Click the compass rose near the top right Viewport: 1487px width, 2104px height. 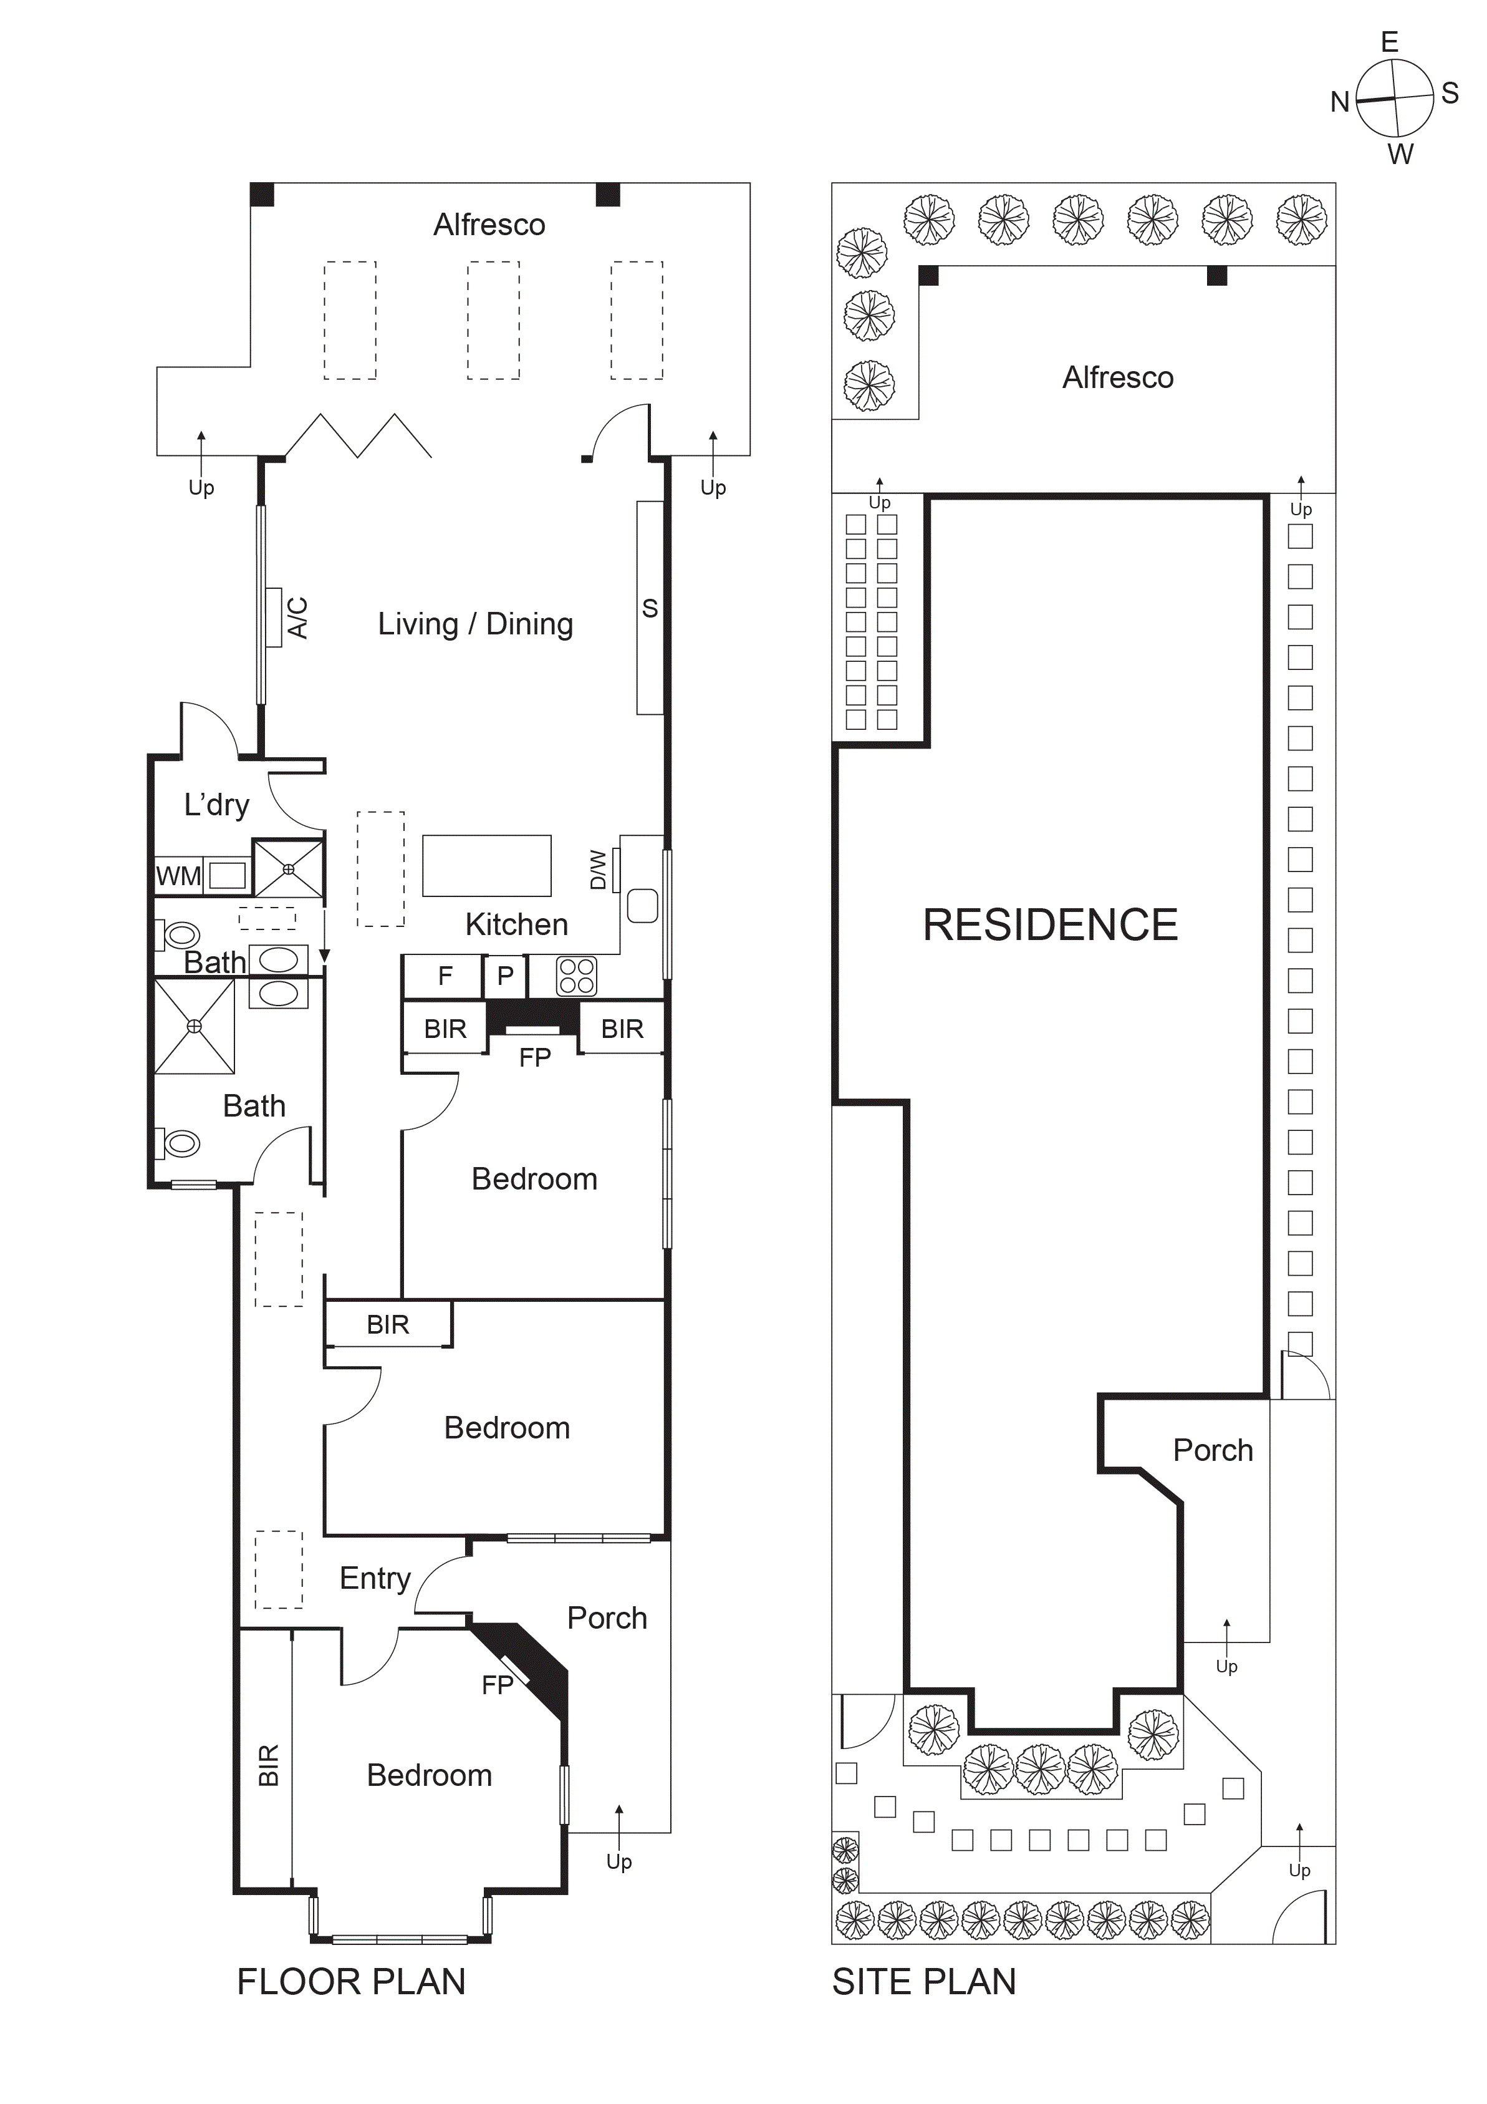(1393, 98)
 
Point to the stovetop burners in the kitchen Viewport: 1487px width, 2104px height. (576, 976)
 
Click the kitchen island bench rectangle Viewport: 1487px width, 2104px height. (486, 865)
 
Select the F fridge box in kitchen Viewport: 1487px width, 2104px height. (445, 976)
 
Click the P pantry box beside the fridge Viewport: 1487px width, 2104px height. (505, 976)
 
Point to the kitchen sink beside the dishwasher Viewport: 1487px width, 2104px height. (642, 906)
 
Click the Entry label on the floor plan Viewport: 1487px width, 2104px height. (375, 1578)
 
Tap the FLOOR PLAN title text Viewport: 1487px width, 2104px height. (351, 1982)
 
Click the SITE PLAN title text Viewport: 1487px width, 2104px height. (923, 1982)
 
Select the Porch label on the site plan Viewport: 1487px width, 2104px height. (1212, 1450)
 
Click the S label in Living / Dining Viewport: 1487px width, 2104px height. (650, 608)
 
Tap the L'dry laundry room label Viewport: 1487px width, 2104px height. (216, 805)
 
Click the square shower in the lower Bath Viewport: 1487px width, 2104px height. (195, 1026)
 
